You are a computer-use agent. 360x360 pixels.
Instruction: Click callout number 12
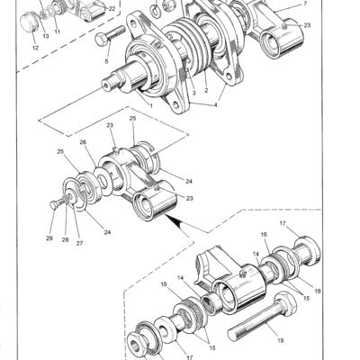coord(34,48)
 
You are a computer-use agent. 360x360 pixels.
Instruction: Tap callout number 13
coord(46,35)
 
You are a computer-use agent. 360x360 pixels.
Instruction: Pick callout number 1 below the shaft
coord(149,106)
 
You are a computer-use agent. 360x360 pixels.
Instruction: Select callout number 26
coord(85,141)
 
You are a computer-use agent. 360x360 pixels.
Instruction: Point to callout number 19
coord(280,340)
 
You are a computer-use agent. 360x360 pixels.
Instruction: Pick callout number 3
coord(190,92)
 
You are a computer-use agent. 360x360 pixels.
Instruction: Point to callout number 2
coord(206,90)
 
